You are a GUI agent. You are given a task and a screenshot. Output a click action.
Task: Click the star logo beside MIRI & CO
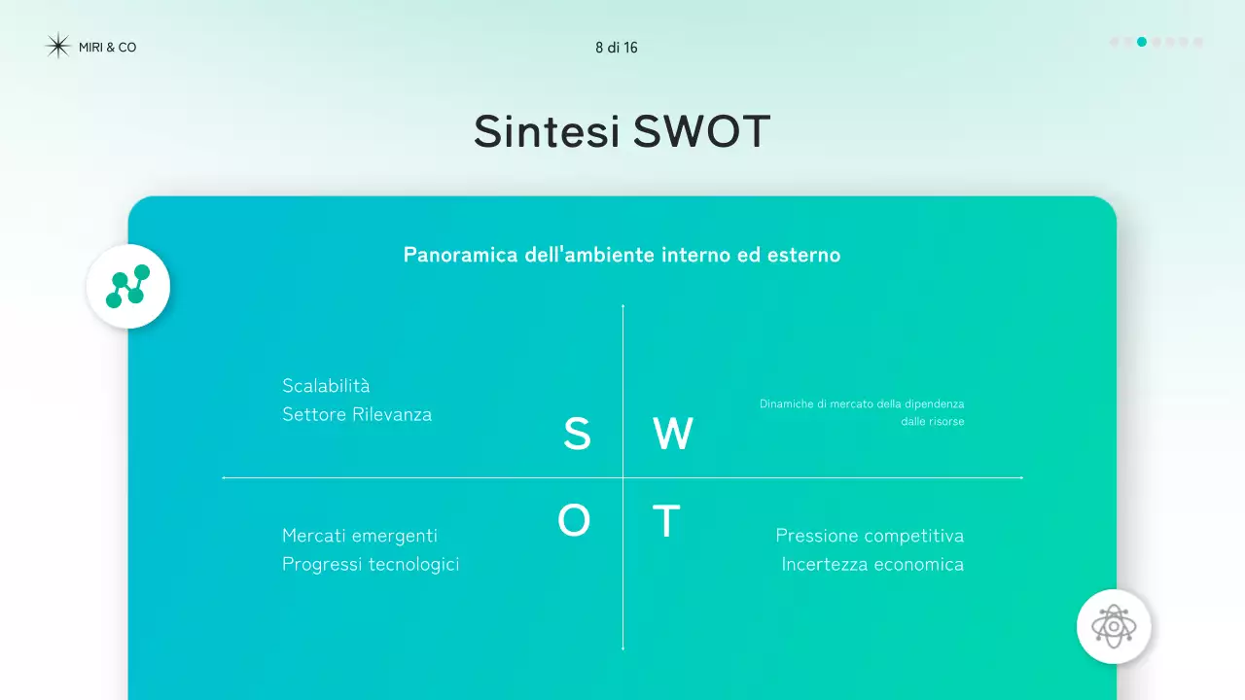click(58, 47)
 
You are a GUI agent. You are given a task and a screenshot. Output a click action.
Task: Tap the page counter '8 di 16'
click(617, 48)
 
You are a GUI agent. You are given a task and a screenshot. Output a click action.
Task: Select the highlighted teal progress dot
click(1142, 42)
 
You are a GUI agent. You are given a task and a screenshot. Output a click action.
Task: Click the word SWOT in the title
click(701, 132)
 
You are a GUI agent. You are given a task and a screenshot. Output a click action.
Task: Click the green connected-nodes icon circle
click(128, 287)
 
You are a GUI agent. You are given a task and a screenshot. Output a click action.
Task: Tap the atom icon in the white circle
click(1114, 626)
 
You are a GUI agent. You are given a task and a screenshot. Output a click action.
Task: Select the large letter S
click(577, 435)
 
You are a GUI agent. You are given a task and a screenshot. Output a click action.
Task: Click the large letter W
click(672, 435)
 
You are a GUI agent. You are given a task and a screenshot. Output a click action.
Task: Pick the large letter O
click(574, 522)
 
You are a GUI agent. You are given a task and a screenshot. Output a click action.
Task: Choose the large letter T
click(665, 522)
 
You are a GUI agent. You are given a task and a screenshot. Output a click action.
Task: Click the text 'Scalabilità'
click(326, 386)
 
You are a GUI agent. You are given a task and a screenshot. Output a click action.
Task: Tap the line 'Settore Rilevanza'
click(357, 415)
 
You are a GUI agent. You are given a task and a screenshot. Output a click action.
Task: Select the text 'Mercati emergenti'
click(360, 536)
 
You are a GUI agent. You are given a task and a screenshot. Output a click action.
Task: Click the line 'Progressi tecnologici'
click(371, 565)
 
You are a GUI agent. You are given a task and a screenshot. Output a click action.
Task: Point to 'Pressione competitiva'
click(870, 536)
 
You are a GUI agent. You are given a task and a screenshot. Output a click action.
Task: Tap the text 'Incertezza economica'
click(872, 565)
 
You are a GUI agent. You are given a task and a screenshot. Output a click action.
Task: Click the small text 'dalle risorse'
click(932, 422)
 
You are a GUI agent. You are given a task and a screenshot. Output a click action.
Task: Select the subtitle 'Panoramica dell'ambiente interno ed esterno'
click(622, 256)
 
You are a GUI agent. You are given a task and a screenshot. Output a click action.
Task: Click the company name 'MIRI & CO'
click(107, 48)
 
